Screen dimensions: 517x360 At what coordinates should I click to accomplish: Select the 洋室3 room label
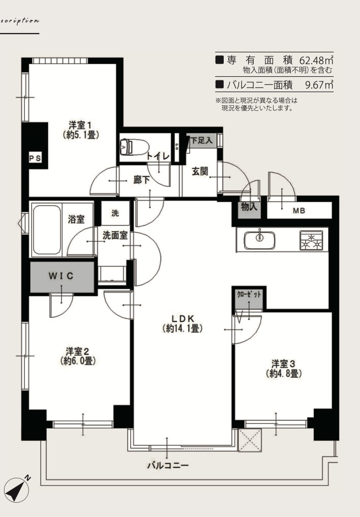pos(284,368)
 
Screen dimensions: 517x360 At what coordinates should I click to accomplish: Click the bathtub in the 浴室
pos(46,229)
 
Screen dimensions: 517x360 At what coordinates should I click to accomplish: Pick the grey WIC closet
pos(62,276)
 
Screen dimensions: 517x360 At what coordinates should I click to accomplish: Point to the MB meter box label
pos(299,210)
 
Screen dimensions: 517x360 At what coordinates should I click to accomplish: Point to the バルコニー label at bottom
pos(167,465)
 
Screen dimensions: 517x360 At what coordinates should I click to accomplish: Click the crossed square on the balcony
pos(250,440)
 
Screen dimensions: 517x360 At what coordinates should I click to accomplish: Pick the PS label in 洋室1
pos(35,158)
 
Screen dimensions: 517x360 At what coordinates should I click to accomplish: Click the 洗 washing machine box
pos(115,214)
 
